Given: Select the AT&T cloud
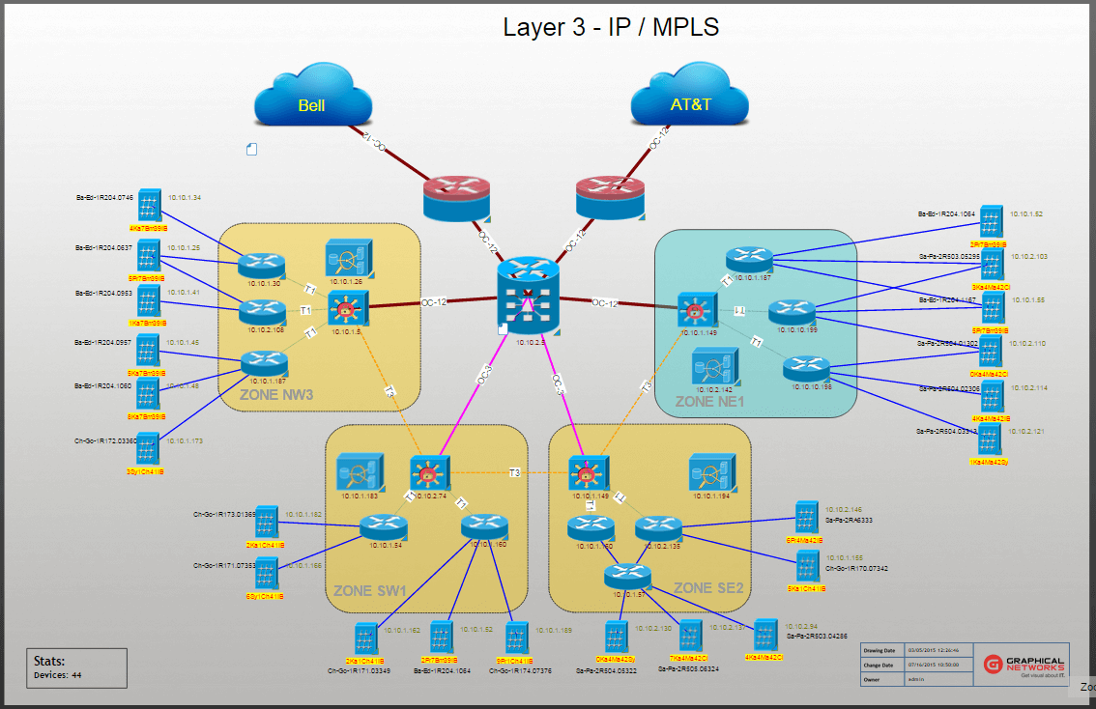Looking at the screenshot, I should (690, 100).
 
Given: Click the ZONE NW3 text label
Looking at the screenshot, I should (276, 394).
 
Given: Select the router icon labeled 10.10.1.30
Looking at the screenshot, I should (262, 265).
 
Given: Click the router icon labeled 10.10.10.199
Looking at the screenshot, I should (793, 313).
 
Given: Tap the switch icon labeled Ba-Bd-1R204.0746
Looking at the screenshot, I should (148, 206).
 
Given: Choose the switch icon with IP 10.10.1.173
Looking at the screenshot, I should (148, 449).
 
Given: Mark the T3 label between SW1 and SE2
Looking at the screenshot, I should (515, 472).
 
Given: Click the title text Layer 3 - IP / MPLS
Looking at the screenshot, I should (611, 27).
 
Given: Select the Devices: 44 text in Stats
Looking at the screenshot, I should (58, 675).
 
